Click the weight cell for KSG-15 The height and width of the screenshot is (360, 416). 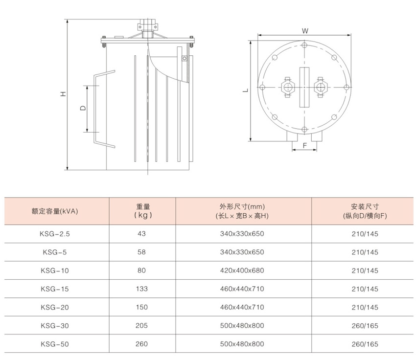(141, 289)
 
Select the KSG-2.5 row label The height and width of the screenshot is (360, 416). (55, 234)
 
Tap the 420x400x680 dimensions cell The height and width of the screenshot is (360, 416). (242, 270)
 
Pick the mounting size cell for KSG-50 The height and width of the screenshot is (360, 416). (365, 344)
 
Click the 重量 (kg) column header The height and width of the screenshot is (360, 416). (143, 211)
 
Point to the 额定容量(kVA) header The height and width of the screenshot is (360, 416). (55, 211)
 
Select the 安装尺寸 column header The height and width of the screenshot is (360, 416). (365, 211)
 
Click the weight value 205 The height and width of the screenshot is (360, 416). (141, 326)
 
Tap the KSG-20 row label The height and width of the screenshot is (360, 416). (55, 307)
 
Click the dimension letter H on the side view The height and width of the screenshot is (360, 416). (63, 94)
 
